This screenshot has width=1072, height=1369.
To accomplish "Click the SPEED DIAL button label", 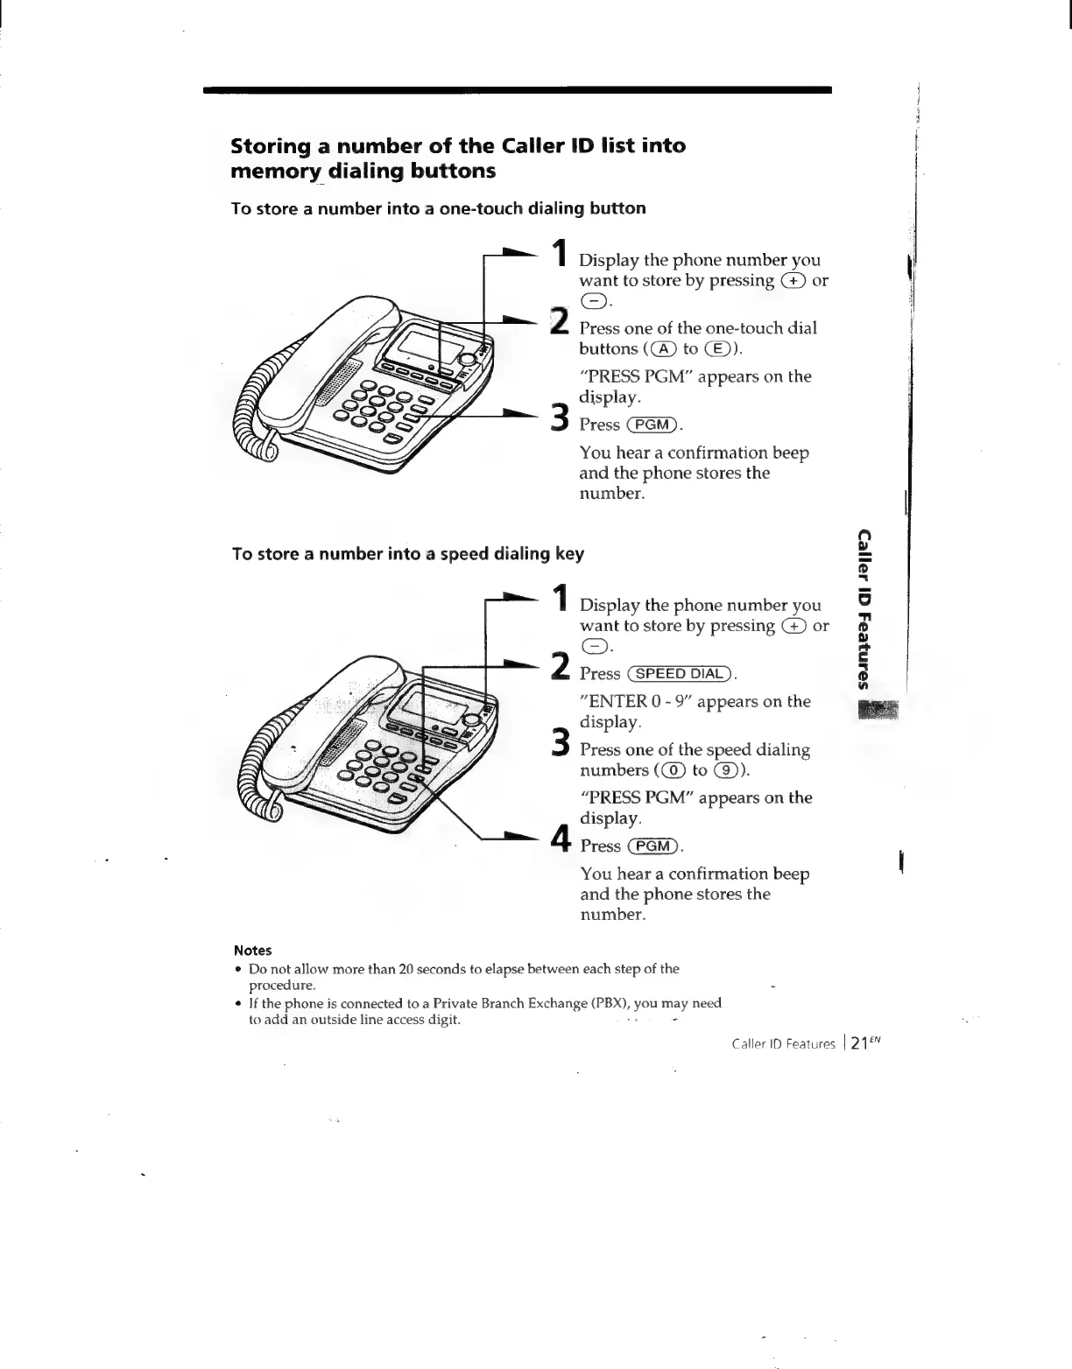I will (x=681, y=674).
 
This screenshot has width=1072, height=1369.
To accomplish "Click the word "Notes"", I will (x=253, y=951).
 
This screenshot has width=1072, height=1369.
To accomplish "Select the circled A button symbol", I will (x=666, y=349).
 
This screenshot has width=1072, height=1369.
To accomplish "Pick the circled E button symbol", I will (x=726, y=349).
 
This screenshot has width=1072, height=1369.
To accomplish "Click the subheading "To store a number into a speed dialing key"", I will (x=407, y=554).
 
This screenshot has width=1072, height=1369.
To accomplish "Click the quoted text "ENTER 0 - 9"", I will (x=635, y=702).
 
